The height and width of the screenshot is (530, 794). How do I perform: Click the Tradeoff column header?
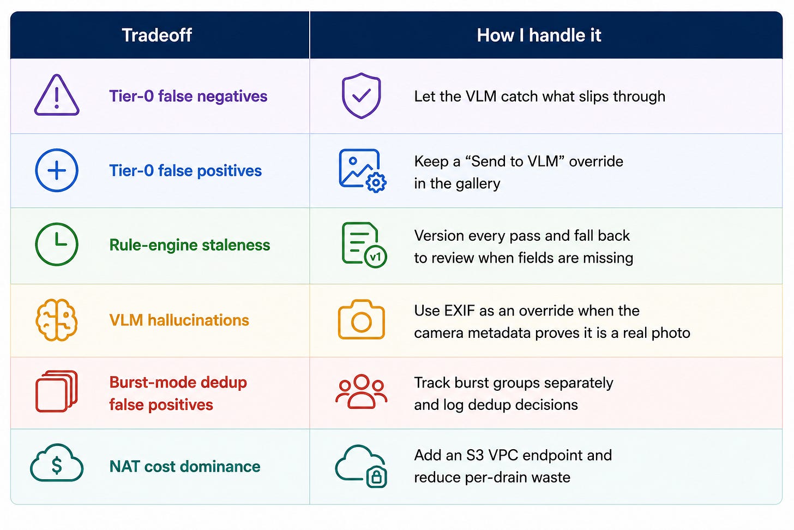tap(157, 35)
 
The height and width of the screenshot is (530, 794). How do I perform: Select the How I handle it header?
tap(539, 35)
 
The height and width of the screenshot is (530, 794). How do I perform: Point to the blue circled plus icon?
tap(57, 170)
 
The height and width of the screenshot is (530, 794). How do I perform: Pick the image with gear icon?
tap(362, 171)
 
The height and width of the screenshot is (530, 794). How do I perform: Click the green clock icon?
tap(57, 244)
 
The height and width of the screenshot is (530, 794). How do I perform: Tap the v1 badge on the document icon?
tap(375, 257)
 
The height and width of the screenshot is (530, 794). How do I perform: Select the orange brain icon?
tap(57, 320)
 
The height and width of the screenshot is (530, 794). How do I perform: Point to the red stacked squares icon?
tap(56, 391)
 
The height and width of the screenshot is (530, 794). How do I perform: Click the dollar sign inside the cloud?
tap(57, 466)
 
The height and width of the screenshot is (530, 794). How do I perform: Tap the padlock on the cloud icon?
tap(376, 477)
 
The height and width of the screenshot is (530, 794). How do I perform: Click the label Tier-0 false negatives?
tap(188, 96)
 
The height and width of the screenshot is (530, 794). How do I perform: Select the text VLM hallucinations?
tap(179, 320)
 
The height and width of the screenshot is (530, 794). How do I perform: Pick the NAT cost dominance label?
tap(185, 466)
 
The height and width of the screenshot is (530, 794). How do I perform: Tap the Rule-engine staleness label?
tap(190, 245)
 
